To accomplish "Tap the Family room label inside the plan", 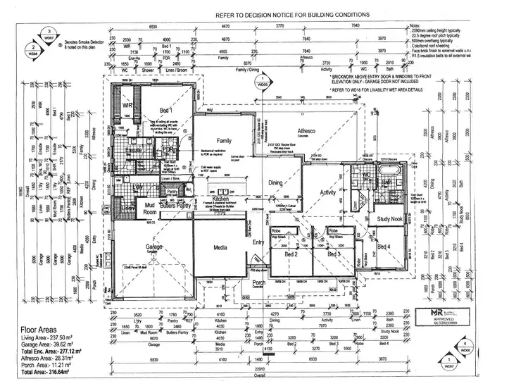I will click(224, 141).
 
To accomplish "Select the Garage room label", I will click(154, 247).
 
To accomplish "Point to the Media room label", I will click(220, 248).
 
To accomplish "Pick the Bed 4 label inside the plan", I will click(384, 247).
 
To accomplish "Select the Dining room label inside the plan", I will click(275, 183).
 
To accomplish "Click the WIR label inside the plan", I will click(128, 106).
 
